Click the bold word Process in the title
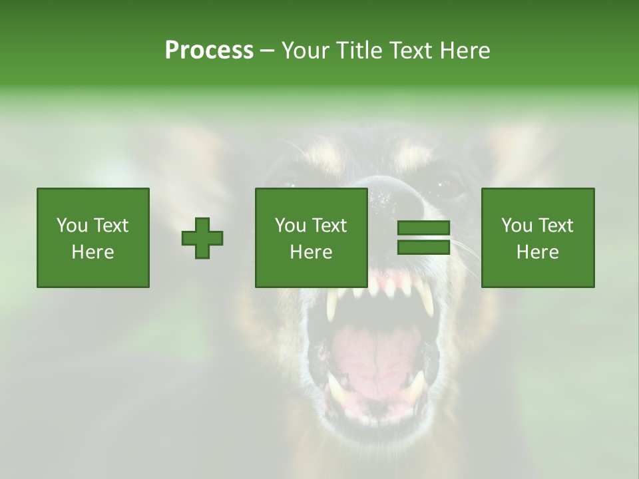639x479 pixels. (209, 51)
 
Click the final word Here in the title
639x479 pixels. (466, 51)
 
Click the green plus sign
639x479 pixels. (202, 238)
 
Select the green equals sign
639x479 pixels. (423, 238)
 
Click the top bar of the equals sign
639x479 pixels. (423, 228)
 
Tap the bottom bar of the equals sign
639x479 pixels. (423, 247)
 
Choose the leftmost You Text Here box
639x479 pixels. (93, 238)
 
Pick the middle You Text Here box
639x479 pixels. (311, 238)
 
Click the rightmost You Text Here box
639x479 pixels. (538, 238)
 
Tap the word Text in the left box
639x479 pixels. (110, 226)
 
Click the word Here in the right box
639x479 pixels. (538, 252)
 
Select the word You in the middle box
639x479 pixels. (290, 226)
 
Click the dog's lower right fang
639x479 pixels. (417, 386)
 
